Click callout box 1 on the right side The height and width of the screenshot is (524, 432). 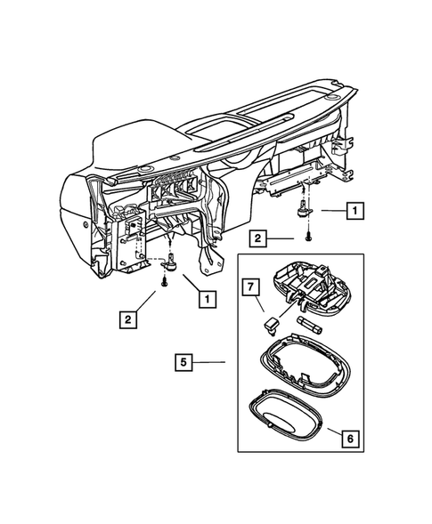click(355, 211)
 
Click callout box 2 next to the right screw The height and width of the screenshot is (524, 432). click(256, 238)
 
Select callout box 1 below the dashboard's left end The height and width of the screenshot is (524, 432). click(207, 300)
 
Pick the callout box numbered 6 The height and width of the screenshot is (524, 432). click(351, 438)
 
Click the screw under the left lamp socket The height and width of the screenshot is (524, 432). click(166, 283)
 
